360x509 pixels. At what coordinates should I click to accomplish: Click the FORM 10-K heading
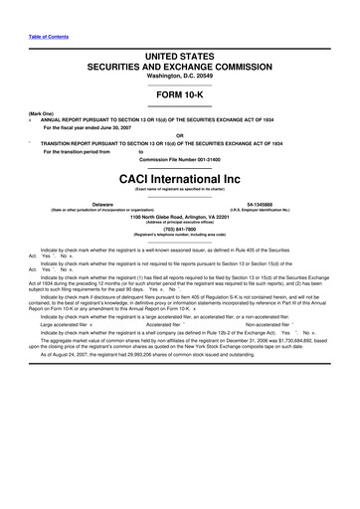pyautogui.click(x=181, y=109)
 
